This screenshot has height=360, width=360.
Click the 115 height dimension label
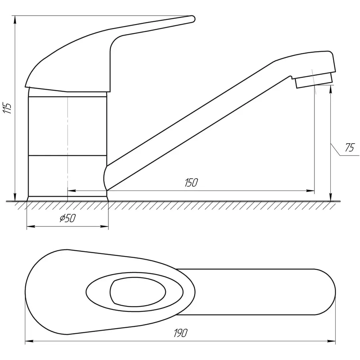(x=7, y=108)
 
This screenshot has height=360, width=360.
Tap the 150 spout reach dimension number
(x=191, y=182)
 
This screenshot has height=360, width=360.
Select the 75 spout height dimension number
(x=350, y=147)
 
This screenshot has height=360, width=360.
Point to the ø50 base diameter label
(x=68, y=218)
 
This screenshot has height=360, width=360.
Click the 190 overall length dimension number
(x=181, y=333)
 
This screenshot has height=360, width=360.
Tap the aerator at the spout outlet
(x=314, y=80)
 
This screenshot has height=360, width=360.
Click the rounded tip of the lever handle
(x=192, y=19)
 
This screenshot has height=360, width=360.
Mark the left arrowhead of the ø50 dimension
(x=31, y=227)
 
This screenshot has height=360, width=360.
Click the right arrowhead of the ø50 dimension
(x=104, y=227)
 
